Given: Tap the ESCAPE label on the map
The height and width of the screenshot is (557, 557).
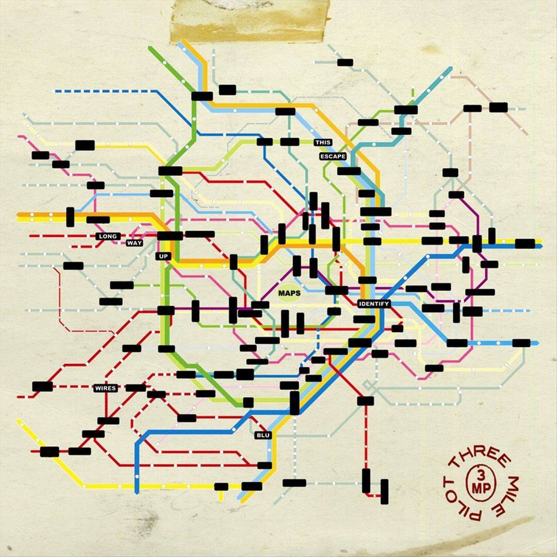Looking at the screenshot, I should tap(332, 156).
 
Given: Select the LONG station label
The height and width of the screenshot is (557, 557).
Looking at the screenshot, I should tap(108, 236).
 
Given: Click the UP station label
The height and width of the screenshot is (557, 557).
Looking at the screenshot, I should tap(163, 255).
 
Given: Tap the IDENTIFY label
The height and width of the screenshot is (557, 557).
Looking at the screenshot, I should tap(374, 304).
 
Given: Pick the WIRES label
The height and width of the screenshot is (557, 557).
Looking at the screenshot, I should tap(105, 388).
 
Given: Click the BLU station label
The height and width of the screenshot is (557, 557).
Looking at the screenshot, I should tap(263, 435).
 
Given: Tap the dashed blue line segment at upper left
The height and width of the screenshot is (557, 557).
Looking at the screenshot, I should tap(103, 91).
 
